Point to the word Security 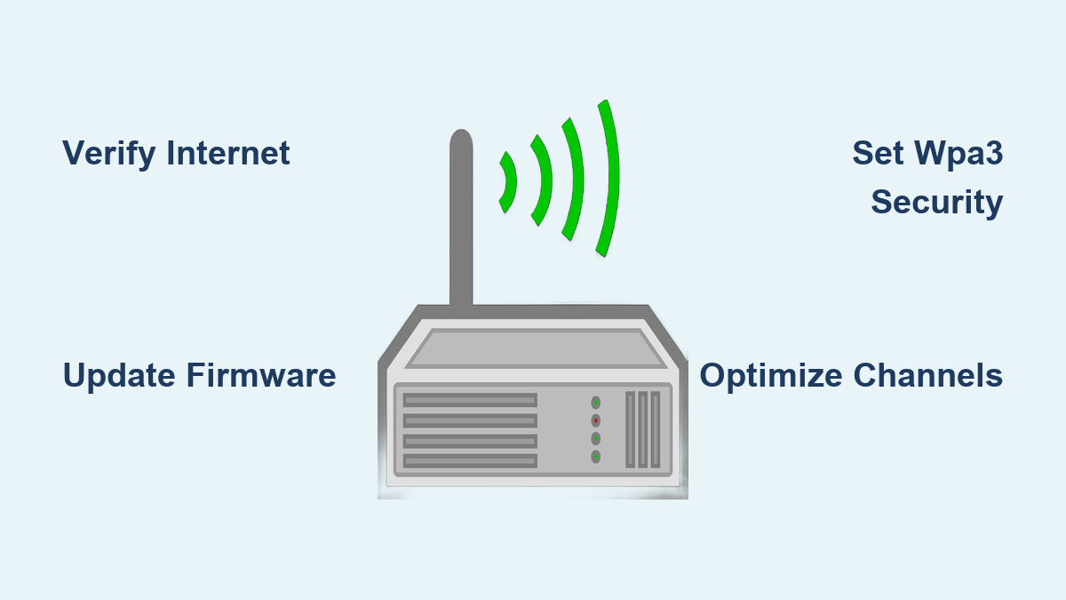click(936, 202)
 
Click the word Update click(119, 375)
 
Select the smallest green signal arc click(509, 182)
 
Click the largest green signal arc click(609, 178)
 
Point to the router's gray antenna click(460, 222)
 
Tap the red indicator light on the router click(595, 420)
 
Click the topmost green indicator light click(595, 402)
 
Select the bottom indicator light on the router click(595, 457)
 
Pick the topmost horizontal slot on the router click(470, 401)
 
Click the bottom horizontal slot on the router click(470, 460)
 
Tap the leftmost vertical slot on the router click(631, 429)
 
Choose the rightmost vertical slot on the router click(656, 429)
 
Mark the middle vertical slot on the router click(643, 429)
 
